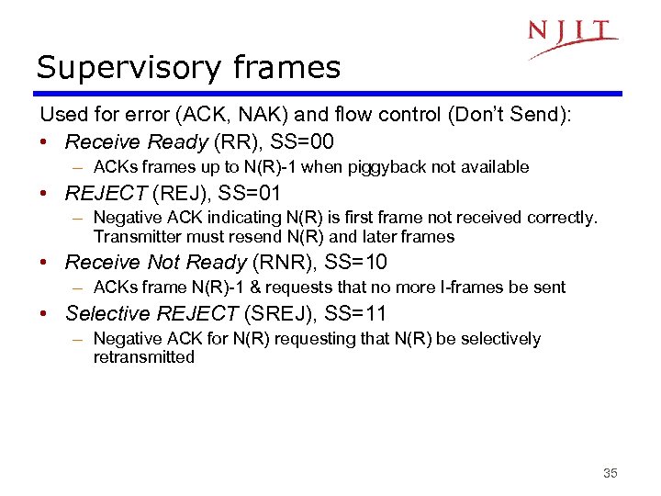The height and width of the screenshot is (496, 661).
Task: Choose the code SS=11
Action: coord(355,313)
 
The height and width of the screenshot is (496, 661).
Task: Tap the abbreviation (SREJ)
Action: coord(280,313)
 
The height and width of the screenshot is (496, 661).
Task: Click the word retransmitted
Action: coord(144,357)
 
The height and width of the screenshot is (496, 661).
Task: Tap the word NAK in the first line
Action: coord(232,116)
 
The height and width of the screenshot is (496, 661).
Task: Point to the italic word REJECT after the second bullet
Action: coord(106,193)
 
